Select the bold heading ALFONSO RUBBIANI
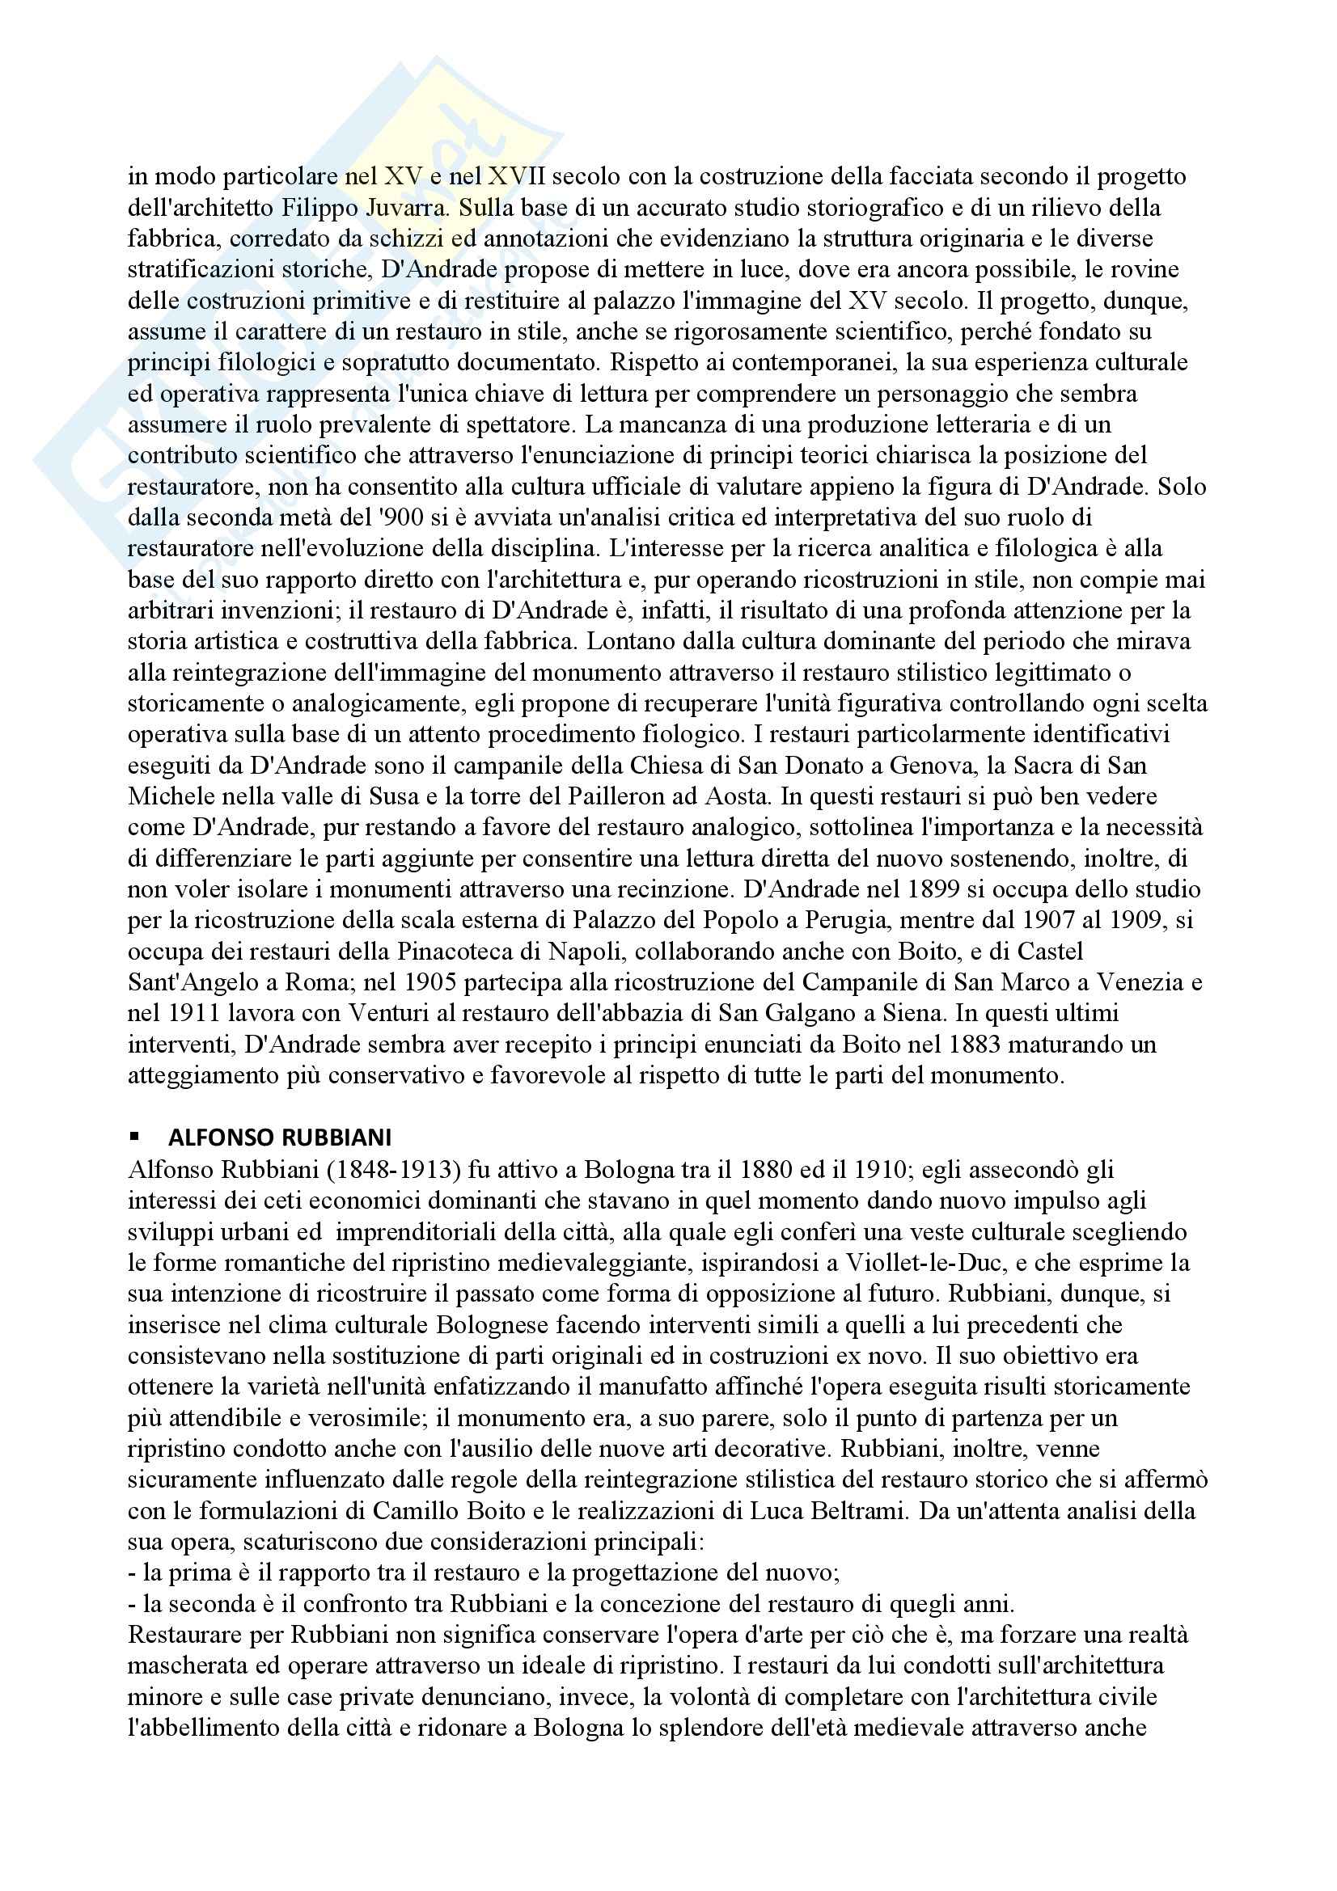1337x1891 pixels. point(280,1138)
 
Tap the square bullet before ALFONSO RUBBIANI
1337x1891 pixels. point(133,1138)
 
